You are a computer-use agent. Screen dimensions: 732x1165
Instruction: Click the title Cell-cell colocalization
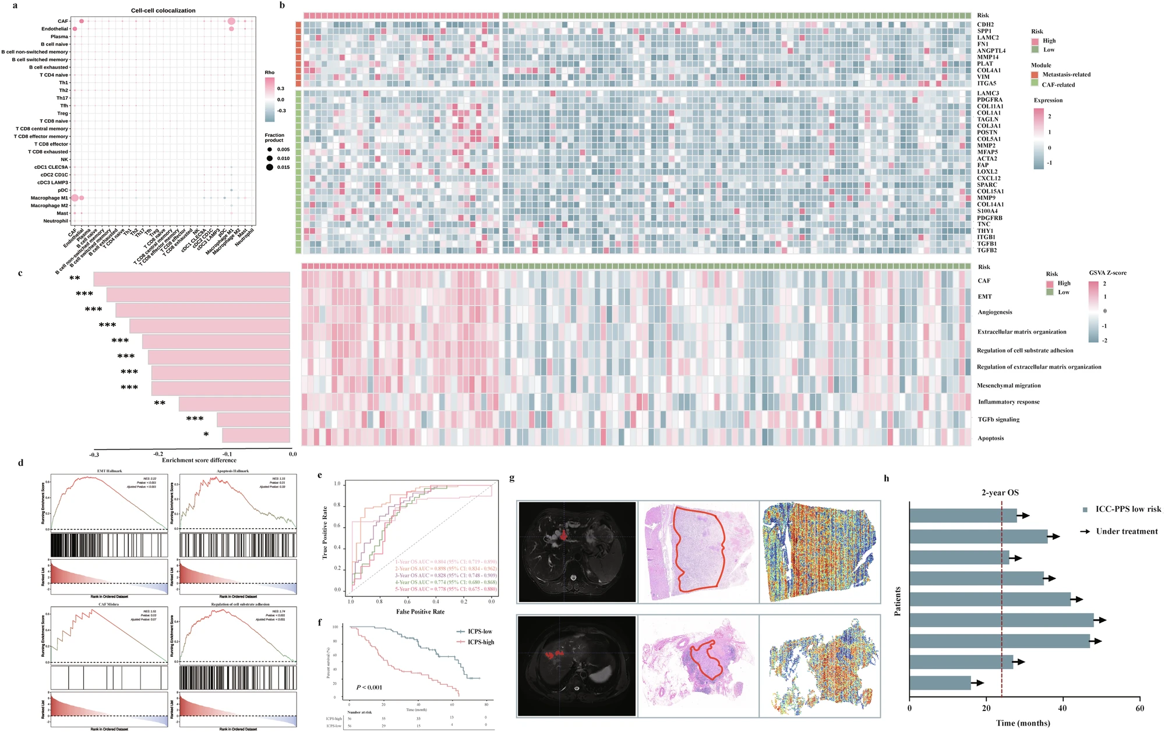(x=163, y=10)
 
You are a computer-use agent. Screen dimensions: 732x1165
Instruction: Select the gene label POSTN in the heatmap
(x=987, y=132)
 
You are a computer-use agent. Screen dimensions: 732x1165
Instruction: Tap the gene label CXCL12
(x=989, y=178)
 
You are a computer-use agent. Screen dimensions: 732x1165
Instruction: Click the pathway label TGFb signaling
(x=998, y=419)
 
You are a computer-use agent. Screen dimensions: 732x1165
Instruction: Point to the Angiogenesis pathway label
(x=995, y=312)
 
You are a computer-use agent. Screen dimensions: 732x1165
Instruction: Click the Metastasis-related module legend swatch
(x=1035, y=75)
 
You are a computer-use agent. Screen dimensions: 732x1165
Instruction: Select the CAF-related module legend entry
(x=1058, y=84)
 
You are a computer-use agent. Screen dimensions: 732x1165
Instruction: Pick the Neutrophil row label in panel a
(x=56, y=221)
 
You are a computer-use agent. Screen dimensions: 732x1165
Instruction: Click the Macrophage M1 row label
(x=50, y=198)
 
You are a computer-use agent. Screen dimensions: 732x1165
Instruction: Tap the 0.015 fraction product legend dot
(x=270, y=167)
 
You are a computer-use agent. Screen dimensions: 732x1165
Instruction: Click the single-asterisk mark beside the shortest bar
(x=206, y=435)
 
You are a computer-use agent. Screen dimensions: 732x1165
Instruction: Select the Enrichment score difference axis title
(x=199, y=460)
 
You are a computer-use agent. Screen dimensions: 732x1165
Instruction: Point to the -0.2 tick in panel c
(x=158, y=454)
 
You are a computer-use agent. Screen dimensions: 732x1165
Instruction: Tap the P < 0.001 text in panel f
(x=369, y=687)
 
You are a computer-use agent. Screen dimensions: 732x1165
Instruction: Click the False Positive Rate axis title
(x=420, y=611)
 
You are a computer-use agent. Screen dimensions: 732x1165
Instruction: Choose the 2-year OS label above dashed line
(x=1000, y=493)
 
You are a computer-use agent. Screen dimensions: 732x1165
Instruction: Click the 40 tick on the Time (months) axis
(x=1062, y=708)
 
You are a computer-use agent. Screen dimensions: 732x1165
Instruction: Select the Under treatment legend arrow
(x=1085, y=531)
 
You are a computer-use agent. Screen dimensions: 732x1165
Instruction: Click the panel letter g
(x=512, y=479)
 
